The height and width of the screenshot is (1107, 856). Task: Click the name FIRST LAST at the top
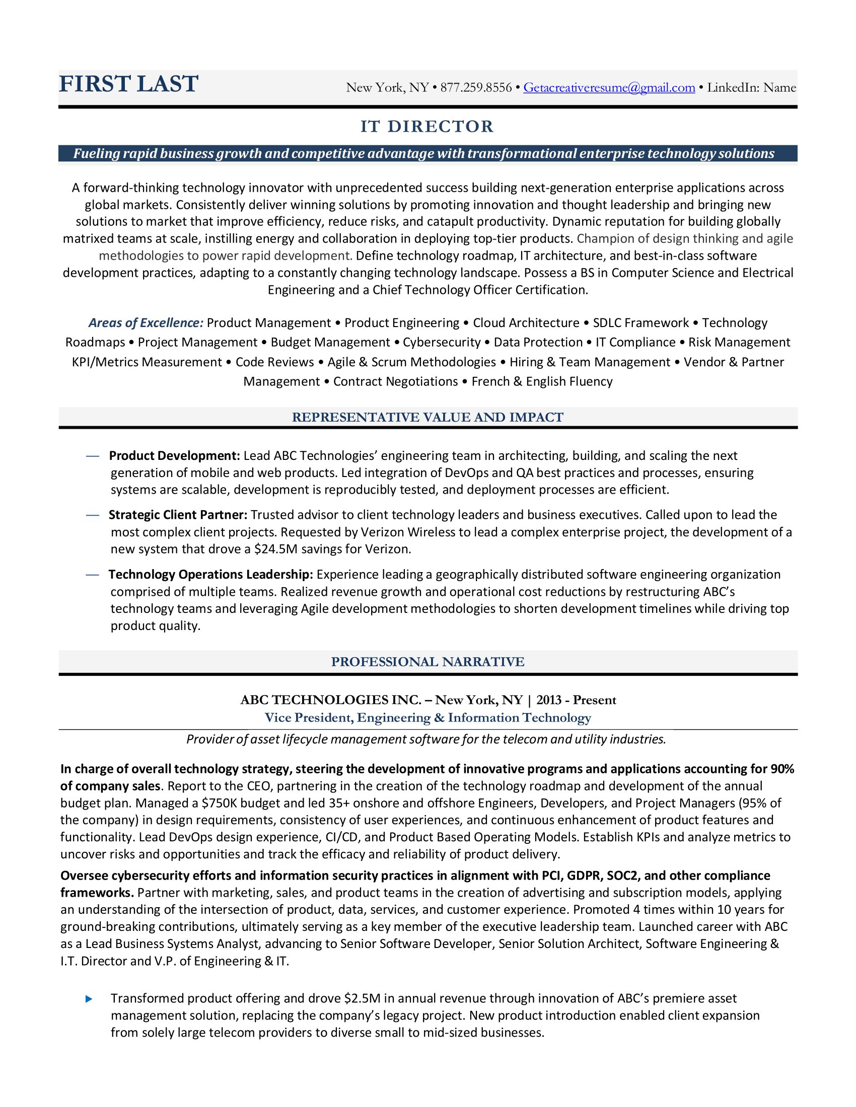(128, 84)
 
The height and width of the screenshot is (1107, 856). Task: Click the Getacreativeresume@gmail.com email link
(609, 88)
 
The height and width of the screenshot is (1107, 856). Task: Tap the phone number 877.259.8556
(476, 88)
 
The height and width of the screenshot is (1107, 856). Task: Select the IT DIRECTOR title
(427, 126)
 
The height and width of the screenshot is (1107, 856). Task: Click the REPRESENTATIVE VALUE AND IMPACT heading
(427, 417)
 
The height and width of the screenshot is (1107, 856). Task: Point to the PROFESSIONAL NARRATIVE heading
(427, 662)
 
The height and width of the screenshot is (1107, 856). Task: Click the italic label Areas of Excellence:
(146, 323)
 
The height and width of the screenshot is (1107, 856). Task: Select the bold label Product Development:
(174, 456)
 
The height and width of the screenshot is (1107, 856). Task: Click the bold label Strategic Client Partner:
(177, 515)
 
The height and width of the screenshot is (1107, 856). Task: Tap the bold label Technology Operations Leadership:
(210, 574)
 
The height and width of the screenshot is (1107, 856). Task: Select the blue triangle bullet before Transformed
(89, 998)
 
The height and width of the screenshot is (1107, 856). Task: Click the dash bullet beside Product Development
(92, 456)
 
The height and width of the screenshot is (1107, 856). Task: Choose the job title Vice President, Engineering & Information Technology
(427, 718)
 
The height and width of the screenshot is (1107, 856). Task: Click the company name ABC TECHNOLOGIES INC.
(331, 700)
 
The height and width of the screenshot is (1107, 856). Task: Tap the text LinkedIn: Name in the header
(751, 88)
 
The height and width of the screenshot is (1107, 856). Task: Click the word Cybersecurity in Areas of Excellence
(441, 343)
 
